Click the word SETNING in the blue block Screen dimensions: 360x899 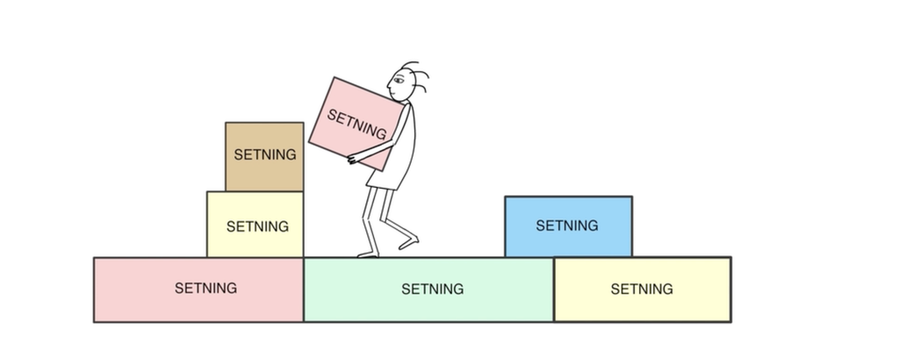[x=567, y=226]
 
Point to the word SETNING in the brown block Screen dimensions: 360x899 [x=265, y=155]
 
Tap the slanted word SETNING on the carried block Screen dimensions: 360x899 [x=356, y=124]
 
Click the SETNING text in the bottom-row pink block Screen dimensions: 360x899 [x=205, y=288]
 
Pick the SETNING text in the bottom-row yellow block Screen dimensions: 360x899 [x=642, y=289]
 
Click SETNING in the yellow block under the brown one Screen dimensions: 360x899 [x=257, y=226]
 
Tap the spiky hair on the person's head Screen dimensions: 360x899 [x=416, y=75]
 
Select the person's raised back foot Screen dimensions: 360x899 [x=408, y=239]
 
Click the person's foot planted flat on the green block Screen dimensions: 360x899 [x=368, y=255]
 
